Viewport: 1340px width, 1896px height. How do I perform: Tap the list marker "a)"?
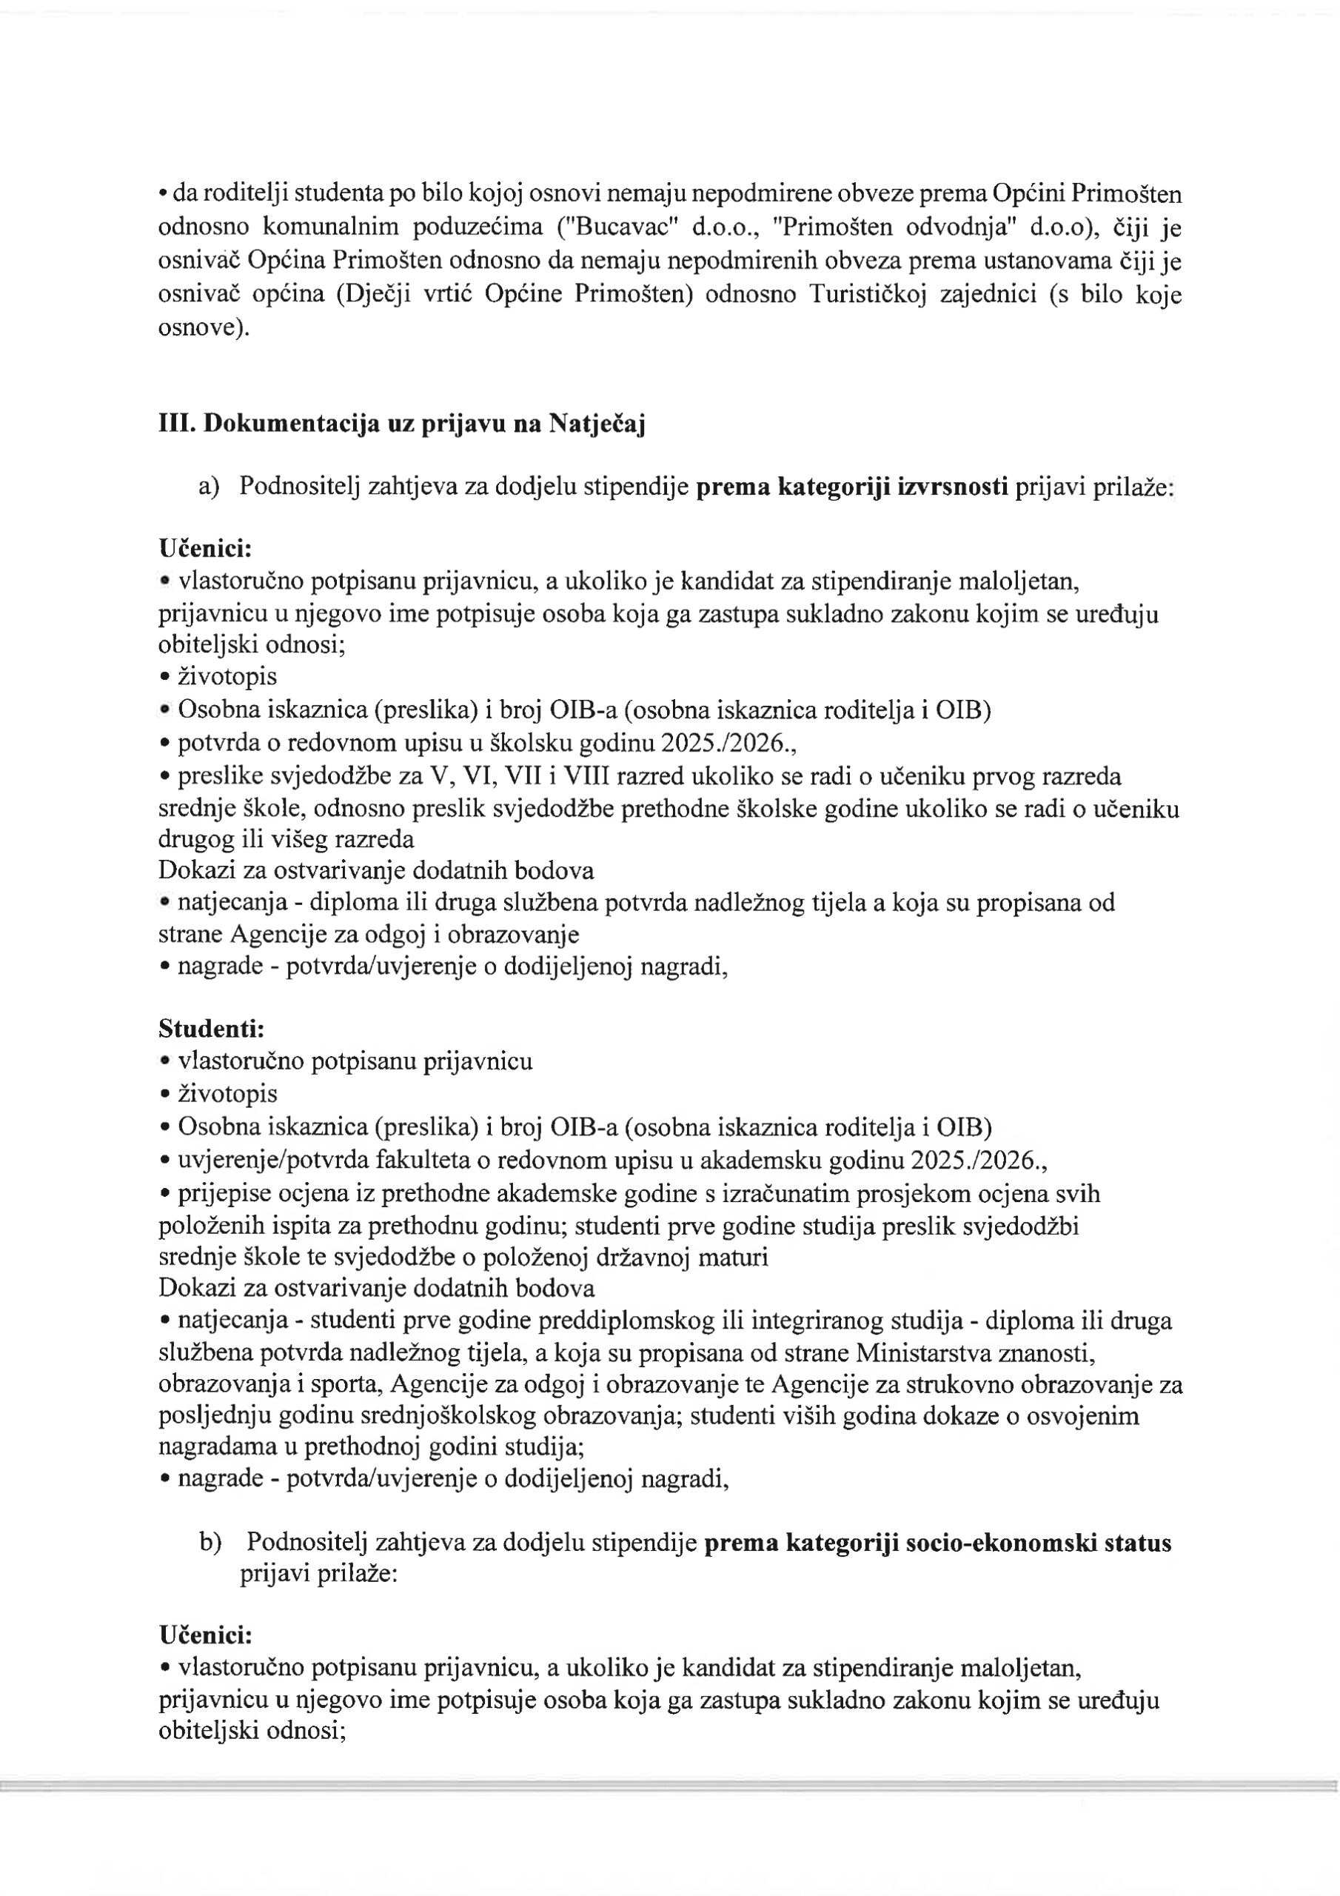(209, 487)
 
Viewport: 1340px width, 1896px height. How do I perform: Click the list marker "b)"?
(210, 1543)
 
